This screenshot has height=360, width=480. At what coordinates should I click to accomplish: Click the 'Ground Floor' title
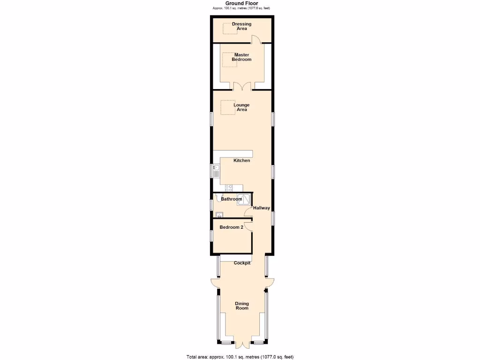(x=241, y=3)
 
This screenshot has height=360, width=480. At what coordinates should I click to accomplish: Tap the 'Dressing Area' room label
(x=241, y=26)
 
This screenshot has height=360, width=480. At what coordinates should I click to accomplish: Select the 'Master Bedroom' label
(x=241, y=57)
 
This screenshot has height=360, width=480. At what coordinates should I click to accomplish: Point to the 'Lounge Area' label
(x=241, y=107)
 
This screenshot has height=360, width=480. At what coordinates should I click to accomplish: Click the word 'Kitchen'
(x=242, y=161)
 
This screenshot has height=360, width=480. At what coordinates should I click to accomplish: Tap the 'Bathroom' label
(x=232, y=199)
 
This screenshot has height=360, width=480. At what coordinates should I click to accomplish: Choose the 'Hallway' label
(x=262, y=208)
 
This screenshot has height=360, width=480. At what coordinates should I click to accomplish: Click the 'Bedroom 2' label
(x=232, y=227)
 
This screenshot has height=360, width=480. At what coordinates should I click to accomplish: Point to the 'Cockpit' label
(x=242, y=263)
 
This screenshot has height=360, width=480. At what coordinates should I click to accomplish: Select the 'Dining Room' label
(x=242, y=306)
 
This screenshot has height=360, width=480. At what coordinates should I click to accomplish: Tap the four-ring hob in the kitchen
(x=229, y=188)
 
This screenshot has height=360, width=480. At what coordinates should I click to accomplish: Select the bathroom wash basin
(x=218, y=215)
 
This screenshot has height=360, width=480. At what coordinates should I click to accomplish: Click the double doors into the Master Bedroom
(x=242, y=86)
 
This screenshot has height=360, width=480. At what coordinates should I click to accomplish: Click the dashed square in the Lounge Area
(x=228, y=107)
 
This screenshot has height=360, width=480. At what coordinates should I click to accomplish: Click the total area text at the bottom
(x=240, y=357)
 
